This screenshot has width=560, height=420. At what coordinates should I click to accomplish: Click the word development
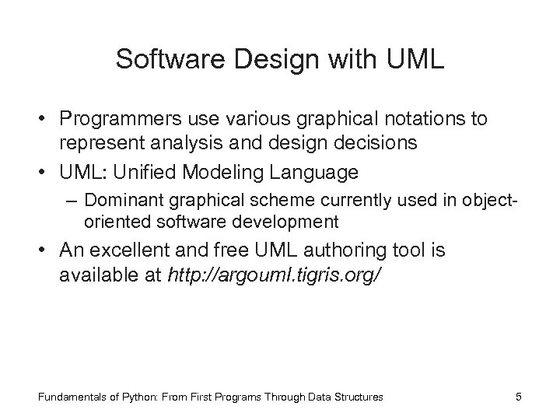pyautogui.click(x=289, y=222)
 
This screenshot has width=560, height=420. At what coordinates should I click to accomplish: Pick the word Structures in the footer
pyautogui.click(x=359, y=397)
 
